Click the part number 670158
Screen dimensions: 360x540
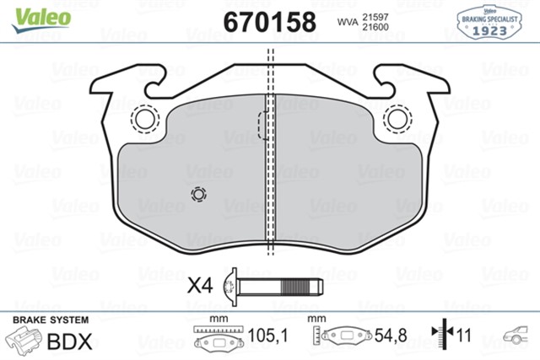(269, 20)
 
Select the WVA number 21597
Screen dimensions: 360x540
(375, 14)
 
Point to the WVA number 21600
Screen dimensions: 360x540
(375, 28)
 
